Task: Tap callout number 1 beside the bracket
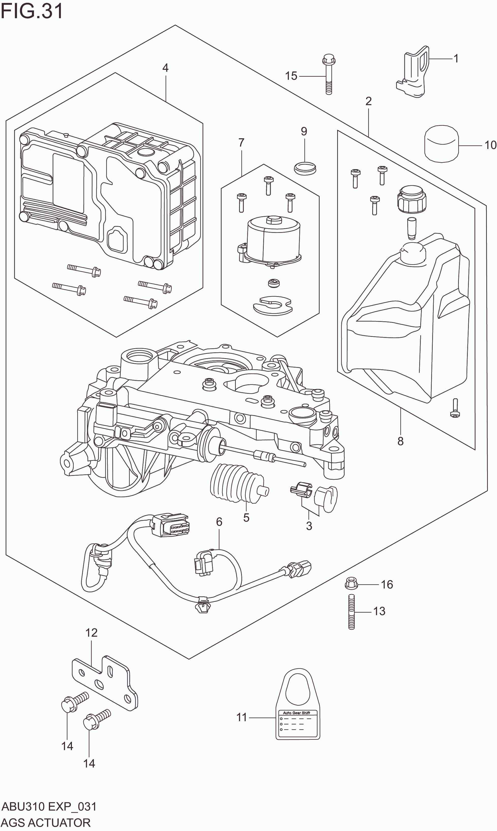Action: (456, 59)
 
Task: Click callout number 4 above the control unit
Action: (165, 68)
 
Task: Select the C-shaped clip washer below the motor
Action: (273, 305)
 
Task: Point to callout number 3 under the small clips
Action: (309, 526)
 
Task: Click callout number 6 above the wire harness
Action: (219, 522)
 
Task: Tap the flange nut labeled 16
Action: (351, 584)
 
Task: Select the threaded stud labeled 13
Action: (351, 612)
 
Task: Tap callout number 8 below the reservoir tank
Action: (400, 441)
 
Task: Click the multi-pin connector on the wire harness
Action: (171, 526)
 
